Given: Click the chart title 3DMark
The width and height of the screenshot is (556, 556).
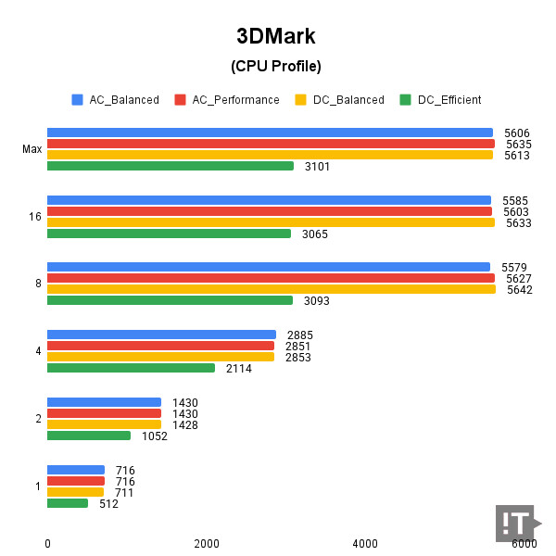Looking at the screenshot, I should click(x=276, y=36).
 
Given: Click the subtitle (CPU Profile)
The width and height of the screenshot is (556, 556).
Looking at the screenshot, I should click(x=276, y=66).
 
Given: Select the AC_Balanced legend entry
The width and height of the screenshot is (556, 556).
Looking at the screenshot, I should click(x=115, y=100).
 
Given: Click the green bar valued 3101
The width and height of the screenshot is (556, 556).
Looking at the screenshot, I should click(x=170, y=166).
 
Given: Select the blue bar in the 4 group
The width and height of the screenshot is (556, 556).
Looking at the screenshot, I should click(x=161, y=335).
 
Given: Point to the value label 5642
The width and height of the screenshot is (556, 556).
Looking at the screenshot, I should click(x=519, y=289).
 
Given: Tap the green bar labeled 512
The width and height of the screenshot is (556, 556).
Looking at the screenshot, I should click(x=67, y=503).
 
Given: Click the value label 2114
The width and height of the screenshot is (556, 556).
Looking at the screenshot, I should click(x=238, y=368).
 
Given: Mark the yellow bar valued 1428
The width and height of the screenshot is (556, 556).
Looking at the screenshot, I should click(x=104, y=424).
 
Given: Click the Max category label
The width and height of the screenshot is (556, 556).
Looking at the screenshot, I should click(x=32, y=149).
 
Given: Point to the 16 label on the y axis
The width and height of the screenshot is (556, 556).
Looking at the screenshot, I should click(x=34, y=217).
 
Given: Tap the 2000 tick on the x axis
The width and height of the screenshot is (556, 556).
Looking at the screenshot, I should click(x=206, y=543).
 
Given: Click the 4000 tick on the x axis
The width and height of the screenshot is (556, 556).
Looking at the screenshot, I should click(x=365, y=543).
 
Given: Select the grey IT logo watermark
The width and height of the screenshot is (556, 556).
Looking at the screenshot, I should click(x=515, y=524).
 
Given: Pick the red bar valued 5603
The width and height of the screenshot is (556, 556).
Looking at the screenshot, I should click(x=269, y=211).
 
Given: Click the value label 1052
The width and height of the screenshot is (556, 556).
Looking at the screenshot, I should click(x=155, y=436).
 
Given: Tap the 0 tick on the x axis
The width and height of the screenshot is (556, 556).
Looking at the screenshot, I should click(x=47, y=543).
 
